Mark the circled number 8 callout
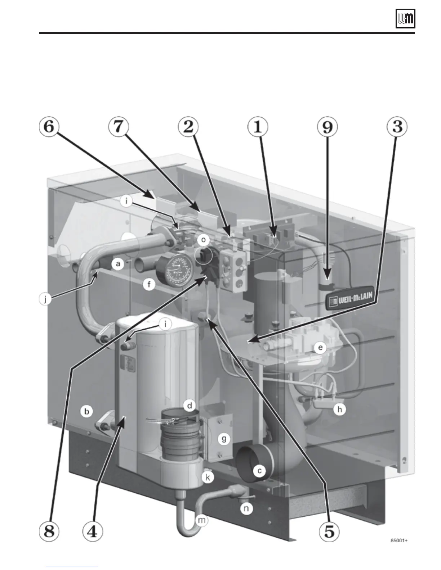pyautogui.click(x=49, y=532)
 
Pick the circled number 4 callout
pyautogui.click(x=93, y=532)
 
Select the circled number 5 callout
pyautogui.click(x=329, y=532)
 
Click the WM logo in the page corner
pyautogui.click(x=405, y=19)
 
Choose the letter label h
pyautogui.click(x=339, y=409)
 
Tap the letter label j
pyautogui.click(x=45, y=299)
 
